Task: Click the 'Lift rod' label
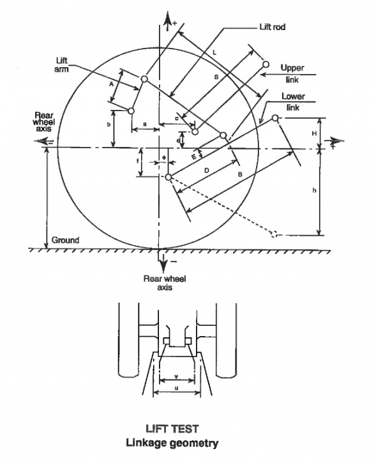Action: tap(273, 27)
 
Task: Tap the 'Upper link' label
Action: tap(292, 73)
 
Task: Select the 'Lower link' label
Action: tap(293, 102)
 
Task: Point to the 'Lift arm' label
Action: tap(61, 65)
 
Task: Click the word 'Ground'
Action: tap(65, 240)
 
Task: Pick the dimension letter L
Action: tap(214, 52)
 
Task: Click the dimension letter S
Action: tap(216, 77)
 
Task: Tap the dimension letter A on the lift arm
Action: tap(111, 84)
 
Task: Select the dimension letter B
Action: tap(240, 174)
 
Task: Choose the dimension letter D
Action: tap(207, 170)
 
